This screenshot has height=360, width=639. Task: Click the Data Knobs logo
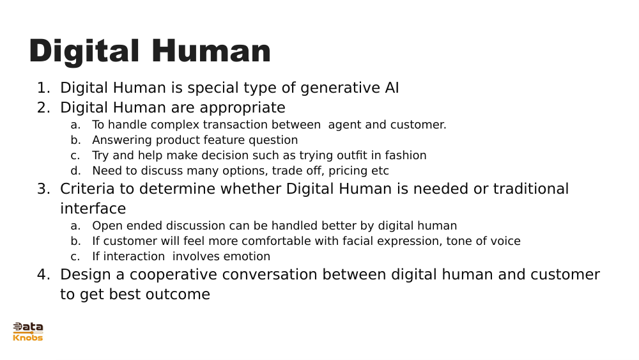tap(28, 331)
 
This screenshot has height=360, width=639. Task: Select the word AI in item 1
tap(392, 88)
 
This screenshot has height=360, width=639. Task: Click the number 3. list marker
tap(43, 189)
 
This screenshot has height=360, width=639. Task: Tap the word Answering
tap(122, 140)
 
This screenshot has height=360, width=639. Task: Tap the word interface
tap(93, 209)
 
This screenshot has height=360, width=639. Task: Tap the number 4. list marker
tap(43, 275)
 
